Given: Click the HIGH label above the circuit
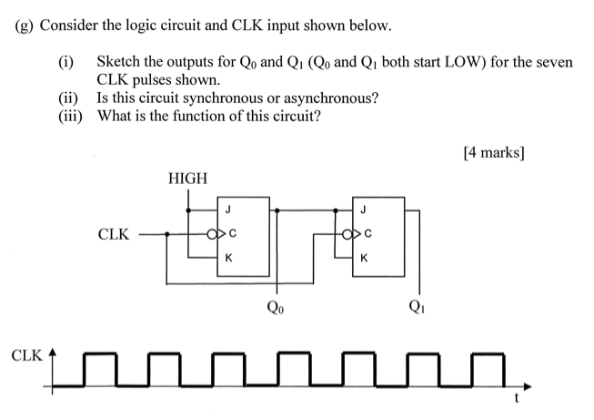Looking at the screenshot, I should pyautogui.click(x=187, y=178).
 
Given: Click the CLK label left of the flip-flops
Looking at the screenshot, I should pyautogui.click(x=113, y=235).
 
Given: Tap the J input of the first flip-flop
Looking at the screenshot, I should pyautogui.click(x=228, y=211).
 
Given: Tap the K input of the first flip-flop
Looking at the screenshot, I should pyautogui.click(x=228, y=258).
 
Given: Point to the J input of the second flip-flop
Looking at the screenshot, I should pyautogui.click(x=364, y=211).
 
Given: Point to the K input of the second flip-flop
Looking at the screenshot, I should pyautogui.click(x=364, y=258).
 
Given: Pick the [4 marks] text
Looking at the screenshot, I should pyautogui.click(x=493, y=153).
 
